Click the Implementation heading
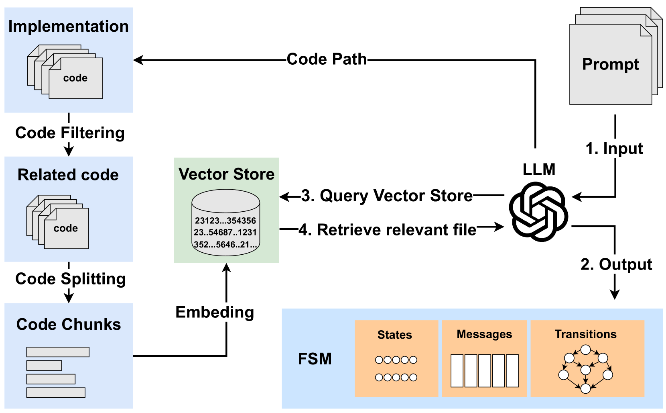point(69,27)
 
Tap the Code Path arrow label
point(327,59)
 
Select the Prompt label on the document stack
point(610,64)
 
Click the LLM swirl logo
point(538,211)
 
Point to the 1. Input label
point(614,149)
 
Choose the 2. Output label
point(616,264)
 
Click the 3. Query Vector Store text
point(387,196)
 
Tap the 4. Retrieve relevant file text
point(388,230)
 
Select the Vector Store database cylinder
point(226,223)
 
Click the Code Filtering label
point(70,133)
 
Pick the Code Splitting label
point(70,279)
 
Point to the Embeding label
point(215,312)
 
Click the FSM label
point(315,359)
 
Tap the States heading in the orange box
point(395,335)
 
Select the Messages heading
point(484,334)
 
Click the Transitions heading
point(585,334)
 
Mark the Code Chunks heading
point(69,325)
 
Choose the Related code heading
point(68,175)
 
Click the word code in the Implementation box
point(75,78)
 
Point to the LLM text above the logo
point(539,170)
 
